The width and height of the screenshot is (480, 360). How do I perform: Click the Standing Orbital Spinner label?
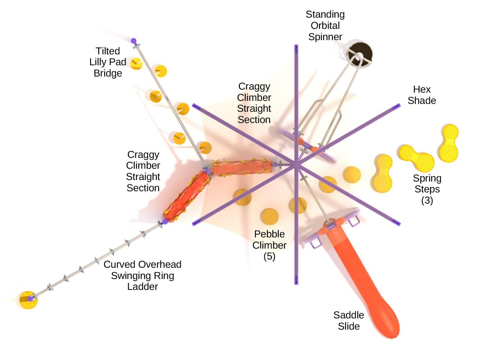(x=325, y=25)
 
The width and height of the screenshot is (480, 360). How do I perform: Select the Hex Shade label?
(x=422, y=95)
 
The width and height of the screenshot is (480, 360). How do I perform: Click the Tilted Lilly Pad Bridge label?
(x=108, y=62)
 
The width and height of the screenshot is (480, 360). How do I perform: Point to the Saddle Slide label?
(x=349, y=320)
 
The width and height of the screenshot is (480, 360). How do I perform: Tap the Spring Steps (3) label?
(x=427, y=189)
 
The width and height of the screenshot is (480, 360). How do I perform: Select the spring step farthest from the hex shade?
(x=448, y=143)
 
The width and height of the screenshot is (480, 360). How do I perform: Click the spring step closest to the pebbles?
(x=383, y=171)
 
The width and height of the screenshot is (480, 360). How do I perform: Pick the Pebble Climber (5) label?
(x=269, y=245)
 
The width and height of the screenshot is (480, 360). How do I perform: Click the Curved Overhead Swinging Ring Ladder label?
(x=142, y=275)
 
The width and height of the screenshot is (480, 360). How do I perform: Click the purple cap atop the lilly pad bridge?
(x=133, y=40)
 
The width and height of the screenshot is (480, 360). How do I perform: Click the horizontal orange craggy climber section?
(x=242, y=167)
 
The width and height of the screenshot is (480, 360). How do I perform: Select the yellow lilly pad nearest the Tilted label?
(x=136, y=64)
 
